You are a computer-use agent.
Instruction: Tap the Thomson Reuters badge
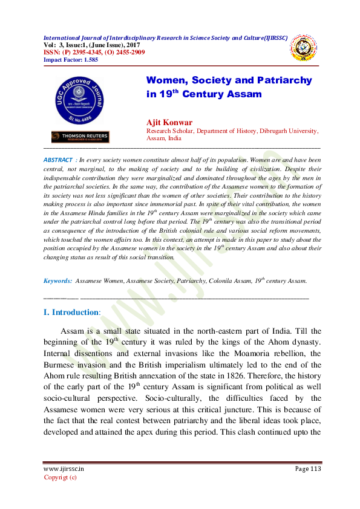(x=80, y=137)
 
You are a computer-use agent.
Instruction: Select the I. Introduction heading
(x=71, y=313)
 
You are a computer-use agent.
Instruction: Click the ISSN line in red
(x=94, y=52)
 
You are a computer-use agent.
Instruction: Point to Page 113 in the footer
(x=308, y=469)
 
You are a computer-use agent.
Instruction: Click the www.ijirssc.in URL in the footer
(x=64, y=469)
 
